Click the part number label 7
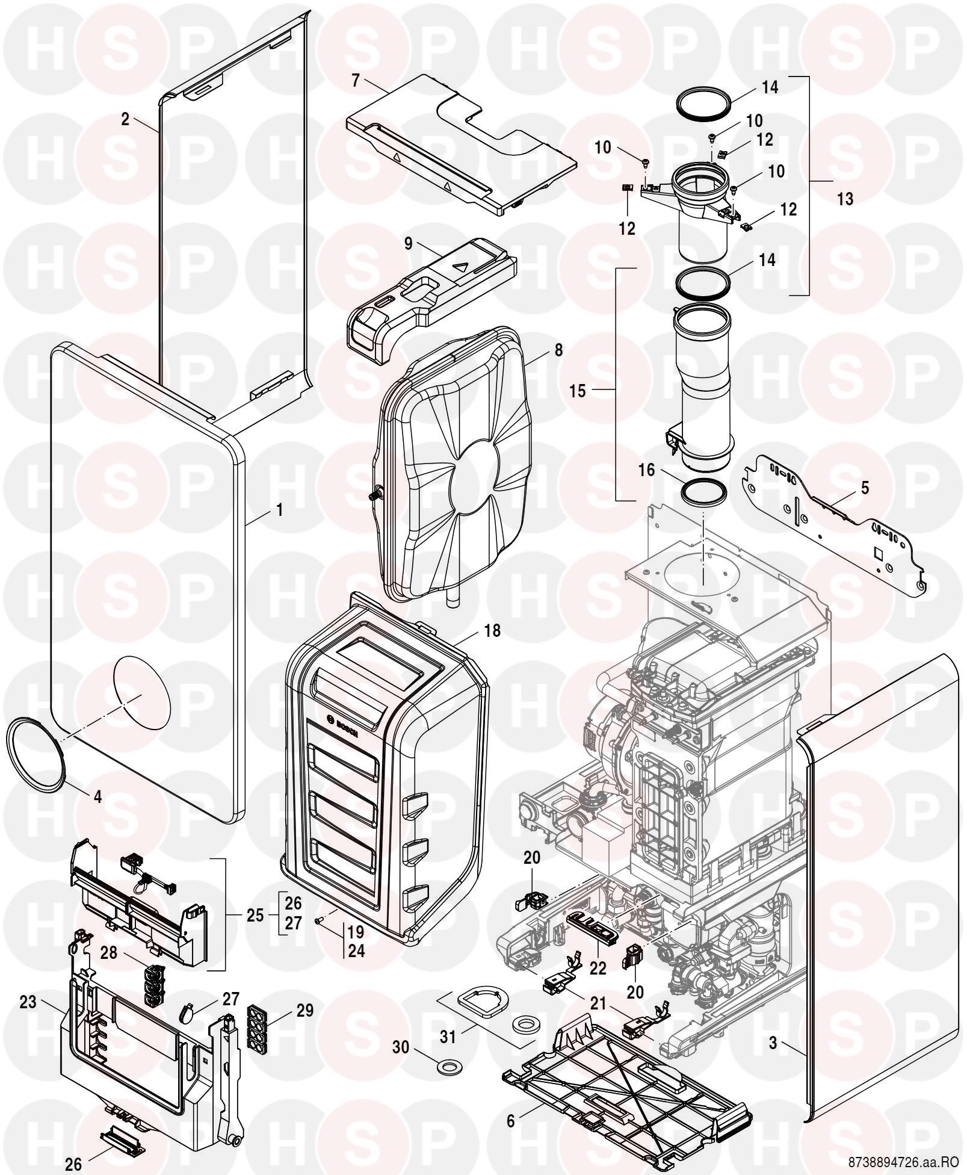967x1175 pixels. click(356, 81)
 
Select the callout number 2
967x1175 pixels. click(125, 119)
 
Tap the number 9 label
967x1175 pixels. click(409, 244)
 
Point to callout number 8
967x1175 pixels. click(558, 350)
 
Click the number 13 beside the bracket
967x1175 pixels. click(845, 199)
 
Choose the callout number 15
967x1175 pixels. click(578, 391)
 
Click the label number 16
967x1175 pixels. click(647, 470)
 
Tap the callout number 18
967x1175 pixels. click(492, 631)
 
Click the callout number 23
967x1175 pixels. click(28, 1003)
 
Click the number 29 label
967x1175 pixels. click(305, 1010)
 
